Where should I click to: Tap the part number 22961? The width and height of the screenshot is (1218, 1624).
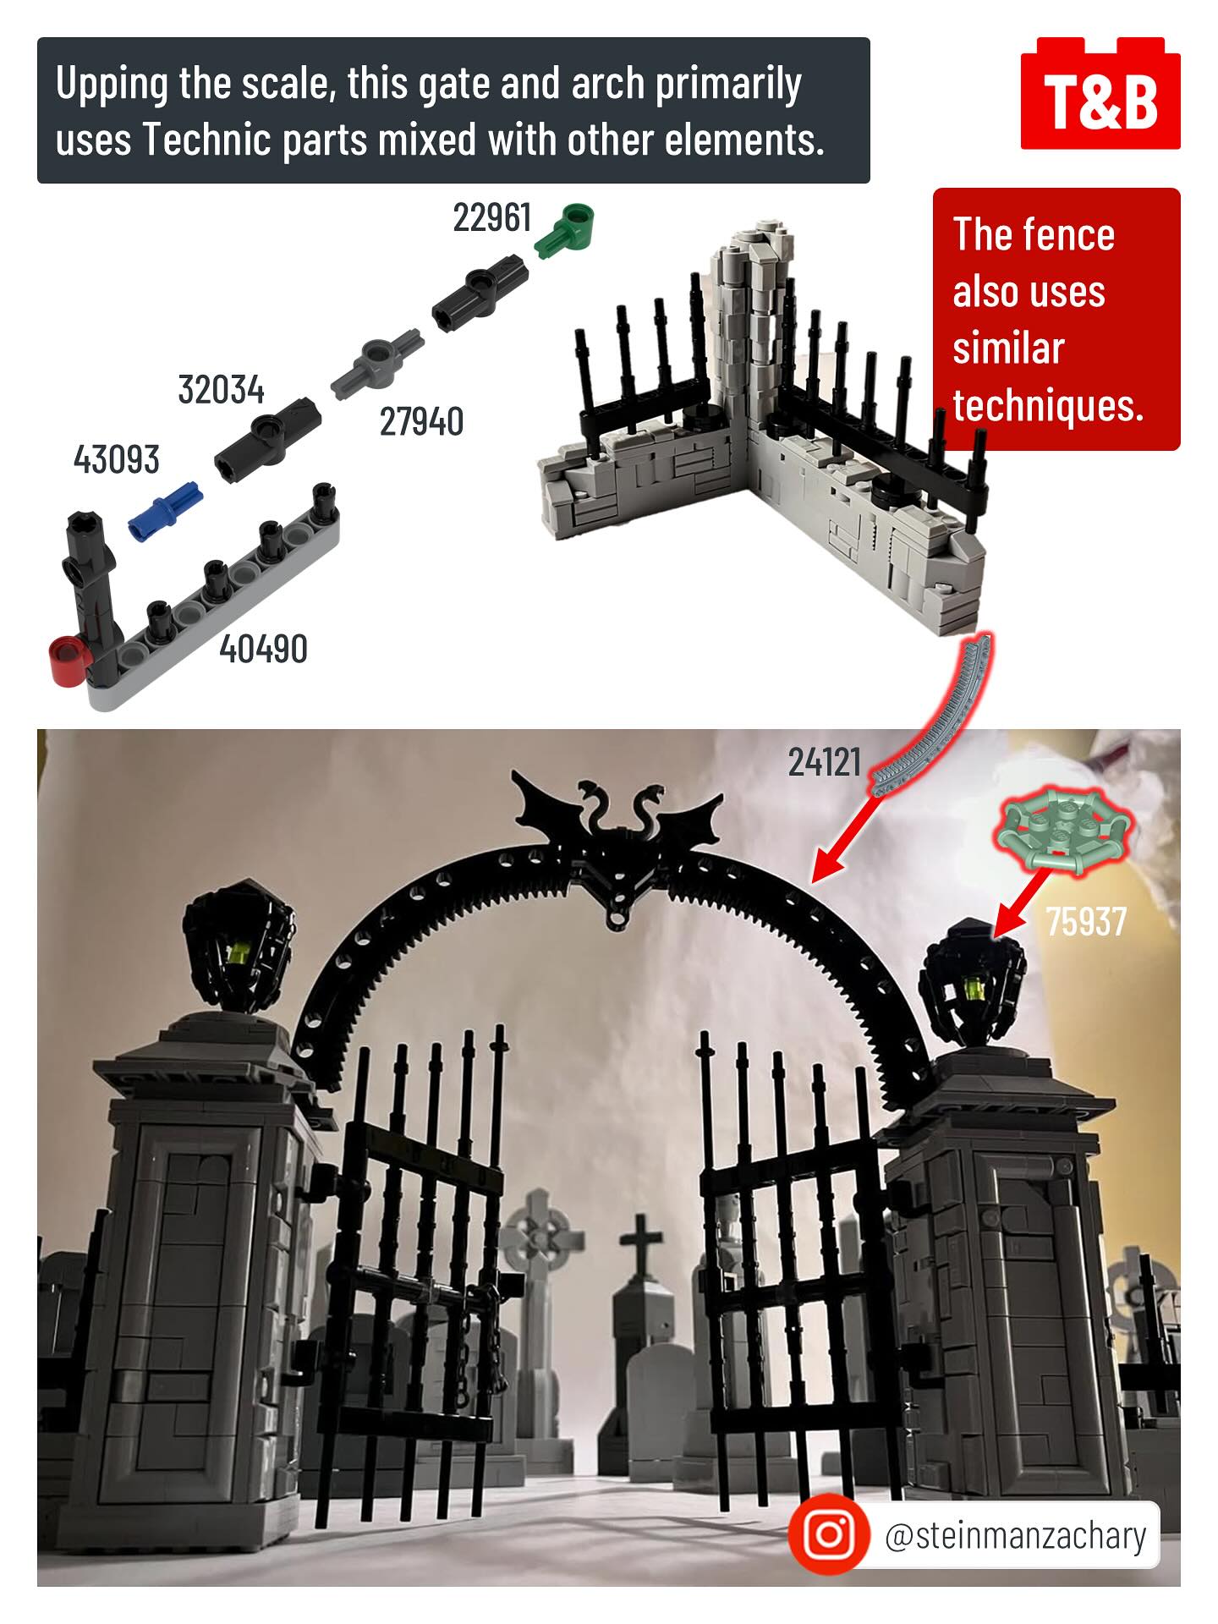(x=492, y=218)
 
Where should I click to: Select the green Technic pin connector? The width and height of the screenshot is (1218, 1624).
(x=566, y=229)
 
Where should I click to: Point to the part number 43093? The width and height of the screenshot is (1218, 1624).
(x=116, y=459)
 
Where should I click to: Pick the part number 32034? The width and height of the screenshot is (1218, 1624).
(x=221, y=390)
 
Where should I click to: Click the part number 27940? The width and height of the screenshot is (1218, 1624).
(x=421, y=421)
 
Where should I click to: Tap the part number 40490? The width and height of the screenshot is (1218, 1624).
(x=263, y=649)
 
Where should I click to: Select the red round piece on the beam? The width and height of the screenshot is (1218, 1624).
(x=69, y=661)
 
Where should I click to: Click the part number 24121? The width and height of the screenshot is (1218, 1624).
(x=825, y=762)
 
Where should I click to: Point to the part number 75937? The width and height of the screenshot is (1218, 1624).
(x=1087, y=921)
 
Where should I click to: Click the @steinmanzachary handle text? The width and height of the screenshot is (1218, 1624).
(x=1015, y=1535)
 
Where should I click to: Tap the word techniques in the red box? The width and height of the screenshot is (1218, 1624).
(x=1047, y=405)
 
